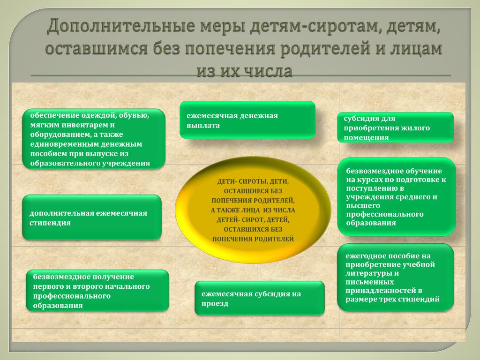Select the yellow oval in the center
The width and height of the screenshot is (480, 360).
(253, 210)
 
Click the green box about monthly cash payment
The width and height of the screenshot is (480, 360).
(247, 120)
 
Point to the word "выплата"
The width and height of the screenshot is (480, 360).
(203, 126)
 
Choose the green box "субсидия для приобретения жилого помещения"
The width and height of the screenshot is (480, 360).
(395, 127)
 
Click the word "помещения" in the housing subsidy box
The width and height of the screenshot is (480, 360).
(366, 138)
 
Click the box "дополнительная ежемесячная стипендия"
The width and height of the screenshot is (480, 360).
(92, 217)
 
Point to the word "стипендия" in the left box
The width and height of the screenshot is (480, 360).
(50, 223)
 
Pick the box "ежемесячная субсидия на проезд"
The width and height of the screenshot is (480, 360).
(260, 298)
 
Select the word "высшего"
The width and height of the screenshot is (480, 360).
(363, 206)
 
